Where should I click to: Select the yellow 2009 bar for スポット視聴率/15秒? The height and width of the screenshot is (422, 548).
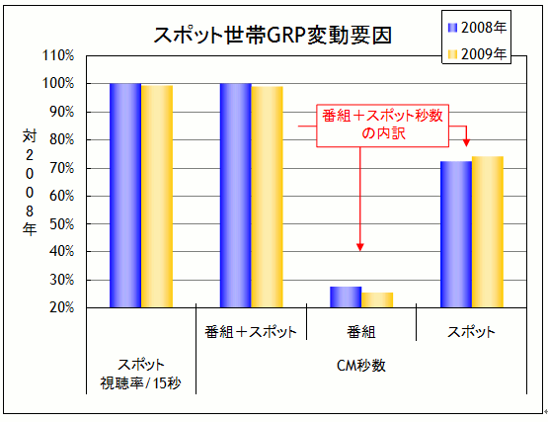tap(157, 197)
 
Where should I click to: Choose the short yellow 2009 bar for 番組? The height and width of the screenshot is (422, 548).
tap(377, 299)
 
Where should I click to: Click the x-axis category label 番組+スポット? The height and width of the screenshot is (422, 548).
tap(251, 331)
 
